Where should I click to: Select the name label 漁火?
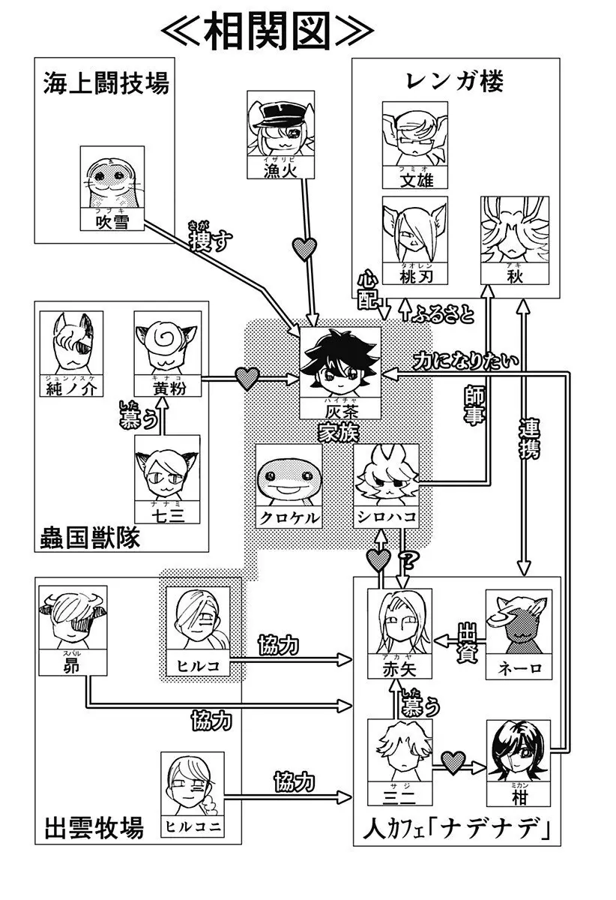[281, 170]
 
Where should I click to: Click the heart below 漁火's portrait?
[304, 248]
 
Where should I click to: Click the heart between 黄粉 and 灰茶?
[247, 378]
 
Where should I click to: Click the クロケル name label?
[289, 517]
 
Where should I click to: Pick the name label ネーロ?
[519, 667]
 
